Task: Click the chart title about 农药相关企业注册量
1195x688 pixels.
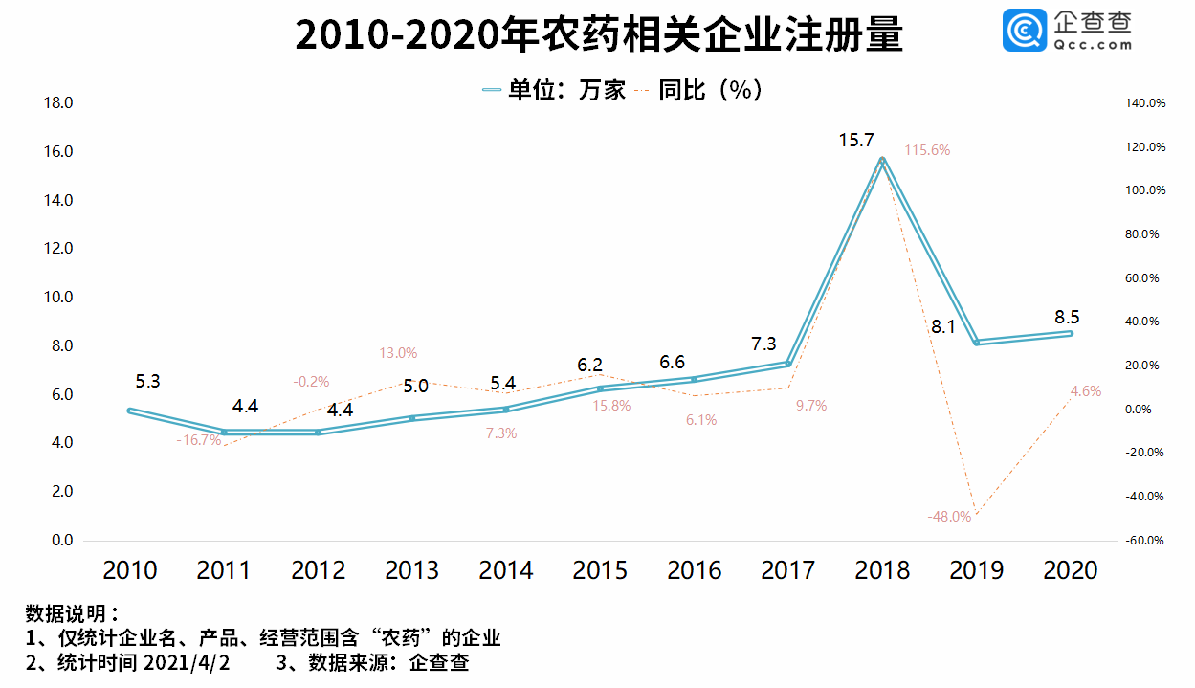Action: [598, 35]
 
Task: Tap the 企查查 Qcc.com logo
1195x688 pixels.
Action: [1067, 31]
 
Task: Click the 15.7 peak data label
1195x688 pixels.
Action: [856, 141]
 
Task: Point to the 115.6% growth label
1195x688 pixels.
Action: [927, 150]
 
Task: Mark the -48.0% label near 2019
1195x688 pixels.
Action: [949, 517]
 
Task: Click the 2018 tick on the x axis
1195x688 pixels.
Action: [882, 570]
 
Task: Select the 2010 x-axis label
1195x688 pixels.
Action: [130, 570]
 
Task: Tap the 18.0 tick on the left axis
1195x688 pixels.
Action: [58, 103]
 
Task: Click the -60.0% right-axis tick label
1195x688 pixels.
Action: [1143, 541]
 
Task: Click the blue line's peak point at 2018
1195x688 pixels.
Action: [882, 160]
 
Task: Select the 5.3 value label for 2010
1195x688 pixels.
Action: [147, 381]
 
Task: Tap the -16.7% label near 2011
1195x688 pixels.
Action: [199, 440]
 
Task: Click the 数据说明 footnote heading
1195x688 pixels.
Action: [72, 613]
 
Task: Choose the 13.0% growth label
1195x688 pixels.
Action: [398, 353]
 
